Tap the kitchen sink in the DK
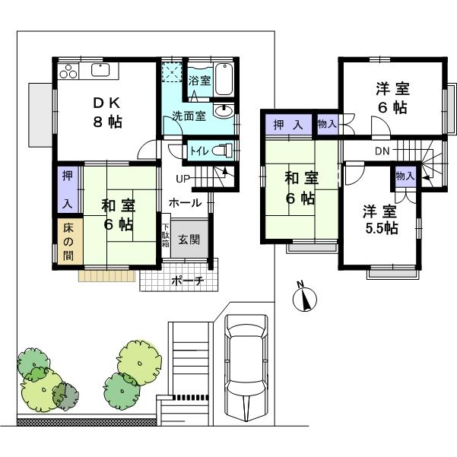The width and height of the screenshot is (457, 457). (101, 71)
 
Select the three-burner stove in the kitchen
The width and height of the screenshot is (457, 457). (67, 71)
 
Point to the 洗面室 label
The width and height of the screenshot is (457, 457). (187, 117)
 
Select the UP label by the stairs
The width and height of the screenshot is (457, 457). (183, 179)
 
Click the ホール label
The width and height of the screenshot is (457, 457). (185, 203)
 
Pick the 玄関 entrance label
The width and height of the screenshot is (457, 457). (189, 240)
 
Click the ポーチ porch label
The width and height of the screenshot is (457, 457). (186, 280)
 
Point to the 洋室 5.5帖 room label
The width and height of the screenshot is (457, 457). (378, 221)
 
